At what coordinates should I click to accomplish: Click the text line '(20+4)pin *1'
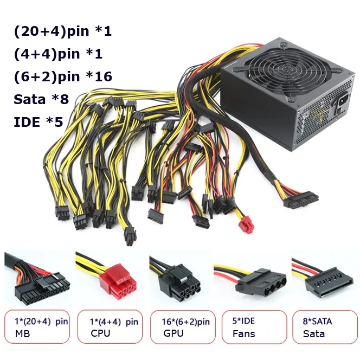(x=62, y=31)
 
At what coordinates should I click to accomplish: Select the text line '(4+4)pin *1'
(x=58, y=54)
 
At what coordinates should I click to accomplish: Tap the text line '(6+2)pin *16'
(x=63, y=76)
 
